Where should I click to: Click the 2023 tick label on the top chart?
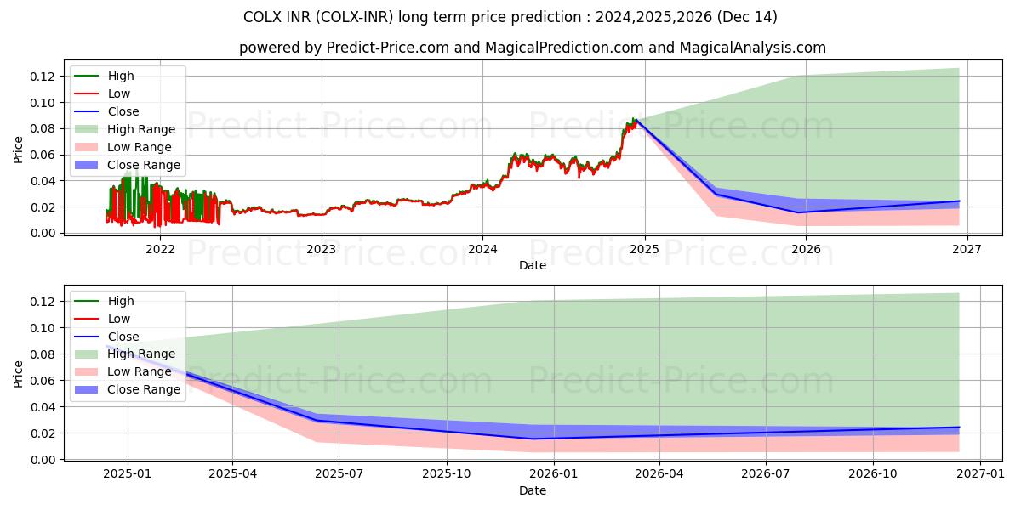[x=321, y=249]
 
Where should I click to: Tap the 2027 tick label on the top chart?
[x=967, y=249]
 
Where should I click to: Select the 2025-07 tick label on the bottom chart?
[x=339, y=474]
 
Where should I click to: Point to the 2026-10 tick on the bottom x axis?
[x=873, y=474]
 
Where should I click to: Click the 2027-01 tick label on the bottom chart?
[x=980, y=474]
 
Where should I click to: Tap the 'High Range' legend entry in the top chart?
[x=141, y=129]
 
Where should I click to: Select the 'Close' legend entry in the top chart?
[x=123, y=111]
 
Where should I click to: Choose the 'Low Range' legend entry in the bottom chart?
[x=140, y=371]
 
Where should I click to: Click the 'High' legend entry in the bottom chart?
[x=121, y=301]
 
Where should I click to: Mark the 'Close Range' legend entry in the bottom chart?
[x=144, y=389]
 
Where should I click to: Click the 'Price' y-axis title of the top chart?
[x=18, y=150]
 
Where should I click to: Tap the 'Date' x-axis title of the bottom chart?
[x=533, y=490]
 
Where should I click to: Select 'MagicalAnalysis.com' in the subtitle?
[x=752, y=48]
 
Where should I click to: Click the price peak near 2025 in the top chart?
[x=633, y=119]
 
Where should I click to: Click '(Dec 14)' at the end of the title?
[x=749, y=17]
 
